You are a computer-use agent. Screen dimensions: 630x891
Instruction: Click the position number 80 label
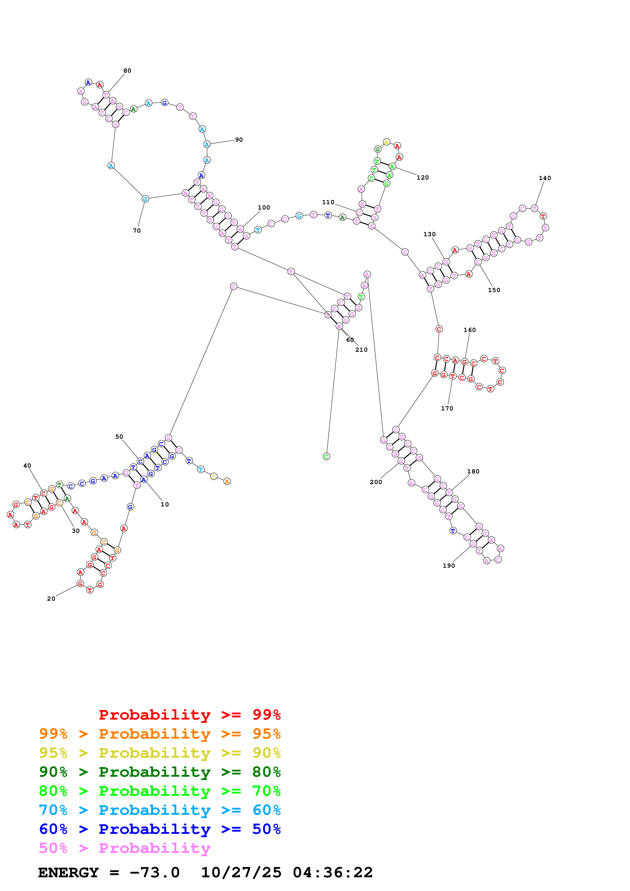[127, 71]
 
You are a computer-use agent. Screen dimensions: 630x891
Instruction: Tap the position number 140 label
[545, 178]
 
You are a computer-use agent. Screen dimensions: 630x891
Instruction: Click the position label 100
[264, 208]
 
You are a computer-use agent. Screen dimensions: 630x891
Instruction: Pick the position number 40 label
[27, 466]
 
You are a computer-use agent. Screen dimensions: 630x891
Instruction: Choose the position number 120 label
[423, 178]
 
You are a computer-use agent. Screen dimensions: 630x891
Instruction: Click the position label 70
[137, 231]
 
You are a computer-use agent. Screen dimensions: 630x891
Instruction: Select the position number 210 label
[361, 350]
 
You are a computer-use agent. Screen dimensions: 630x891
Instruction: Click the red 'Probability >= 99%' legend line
[189, 714]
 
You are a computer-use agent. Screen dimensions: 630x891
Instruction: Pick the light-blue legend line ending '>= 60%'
[160, 810]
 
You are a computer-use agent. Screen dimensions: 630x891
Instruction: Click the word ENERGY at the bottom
[68, 872]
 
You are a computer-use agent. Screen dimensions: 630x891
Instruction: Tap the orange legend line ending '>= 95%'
[160, 734]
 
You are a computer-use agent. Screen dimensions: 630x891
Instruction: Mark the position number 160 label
[469, 330]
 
